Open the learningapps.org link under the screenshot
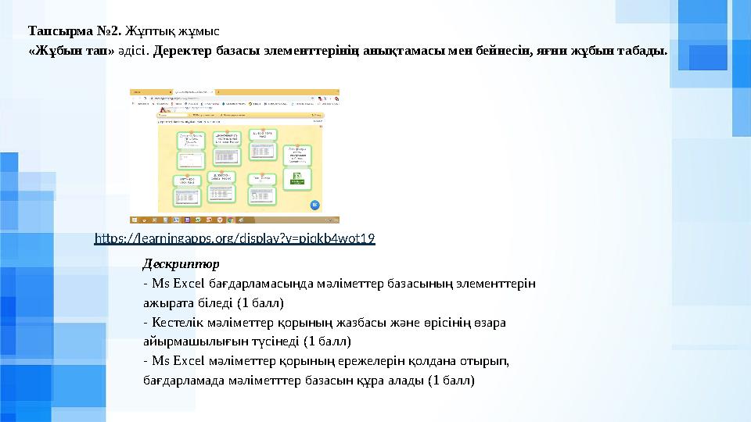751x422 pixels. coord(235,238)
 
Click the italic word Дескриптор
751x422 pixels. coord(181,263)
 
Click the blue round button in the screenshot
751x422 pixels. coord(314,205)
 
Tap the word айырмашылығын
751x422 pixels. coord(194,342)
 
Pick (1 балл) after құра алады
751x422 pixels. coord(445,381)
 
